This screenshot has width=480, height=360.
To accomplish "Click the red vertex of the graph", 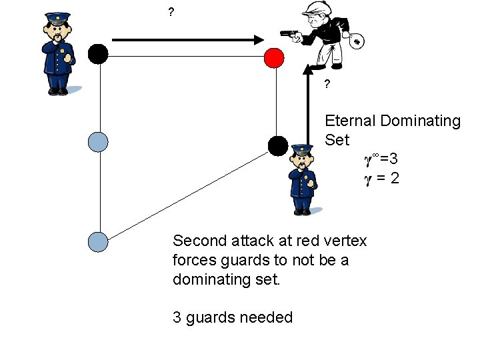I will [273, 58].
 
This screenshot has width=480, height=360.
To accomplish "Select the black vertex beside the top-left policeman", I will [98, 53].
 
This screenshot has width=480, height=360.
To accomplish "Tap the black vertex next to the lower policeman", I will [277, 145].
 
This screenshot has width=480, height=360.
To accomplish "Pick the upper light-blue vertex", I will [98, 141].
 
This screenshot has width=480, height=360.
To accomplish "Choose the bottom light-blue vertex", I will [98, 241].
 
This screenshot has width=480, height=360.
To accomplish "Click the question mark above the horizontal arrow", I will [171, 12].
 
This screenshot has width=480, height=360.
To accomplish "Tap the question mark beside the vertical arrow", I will [327, 85].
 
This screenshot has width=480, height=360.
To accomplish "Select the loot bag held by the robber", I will [357, 41].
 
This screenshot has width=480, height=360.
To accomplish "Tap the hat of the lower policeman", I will [302, 151].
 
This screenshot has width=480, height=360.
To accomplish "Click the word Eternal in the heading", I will [351, 121].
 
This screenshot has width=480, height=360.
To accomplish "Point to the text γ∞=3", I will [381, 159].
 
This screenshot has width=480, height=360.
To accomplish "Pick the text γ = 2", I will [381, 178].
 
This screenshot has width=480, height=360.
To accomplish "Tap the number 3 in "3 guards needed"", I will [177, 317].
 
